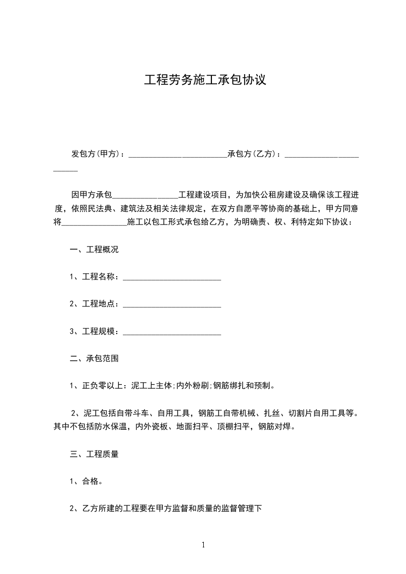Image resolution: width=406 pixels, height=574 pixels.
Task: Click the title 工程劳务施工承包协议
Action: [x=205, y=80]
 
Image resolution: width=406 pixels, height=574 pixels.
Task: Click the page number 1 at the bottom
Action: [x=203, y=545]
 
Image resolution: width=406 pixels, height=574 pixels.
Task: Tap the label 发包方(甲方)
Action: [x=95, y=153]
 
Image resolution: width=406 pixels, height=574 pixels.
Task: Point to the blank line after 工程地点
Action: [x=172, y=304]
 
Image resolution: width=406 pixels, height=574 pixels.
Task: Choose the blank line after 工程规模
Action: [x=172, y=332]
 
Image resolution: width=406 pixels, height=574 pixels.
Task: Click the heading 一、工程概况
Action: [x=94, y=250]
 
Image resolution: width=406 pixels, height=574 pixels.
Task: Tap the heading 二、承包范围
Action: [x=94, y=359]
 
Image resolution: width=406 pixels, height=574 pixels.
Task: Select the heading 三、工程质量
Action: [x=94, y=453]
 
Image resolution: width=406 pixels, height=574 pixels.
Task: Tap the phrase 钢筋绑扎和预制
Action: [x=244, y=386]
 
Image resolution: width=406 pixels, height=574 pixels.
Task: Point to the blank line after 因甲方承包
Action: [x=144, y=196]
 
